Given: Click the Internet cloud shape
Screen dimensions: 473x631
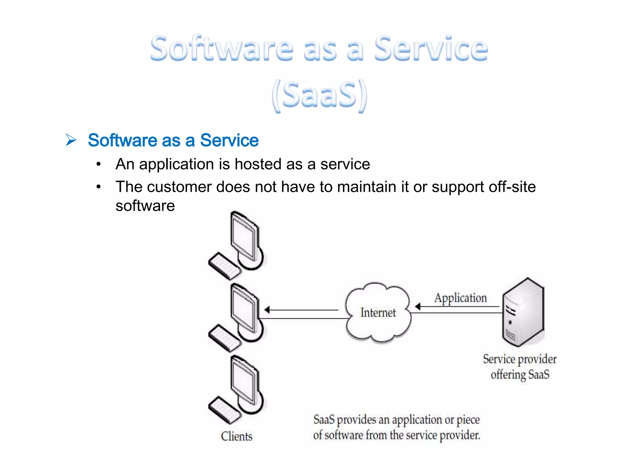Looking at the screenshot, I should point(378,313).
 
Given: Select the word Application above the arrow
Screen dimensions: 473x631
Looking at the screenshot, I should point(461,298).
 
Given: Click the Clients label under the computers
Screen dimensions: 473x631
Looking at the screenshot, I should point(237,436).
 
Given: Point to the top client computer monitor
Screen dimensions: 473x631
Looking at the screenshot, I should point(244,237).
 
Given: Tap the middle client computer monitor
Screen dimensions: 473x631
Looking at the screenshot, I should point(244,309).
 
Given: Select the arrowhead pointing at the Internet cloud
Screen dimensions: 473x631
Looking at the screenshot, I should point(418,306).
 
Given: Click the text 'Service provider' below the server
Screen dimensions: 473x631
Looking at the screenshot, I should point(520,359).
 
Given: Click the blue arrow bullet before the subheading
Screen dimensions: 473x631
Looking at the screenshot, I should point(71,140).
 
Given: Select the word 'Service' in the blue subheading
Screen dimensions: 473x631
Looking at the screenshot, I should point(229,140).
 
